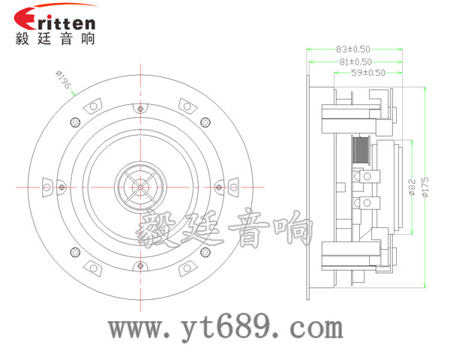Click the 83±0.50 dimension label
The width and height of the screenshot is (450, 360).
click(353, 49)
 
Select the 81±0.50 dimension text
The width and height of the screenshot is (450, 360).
click(355, 61)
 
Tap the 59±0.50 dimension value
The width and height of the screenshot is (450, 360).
click(368, 73)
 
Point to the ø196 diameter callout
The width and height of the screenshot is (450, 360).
click(63, 79)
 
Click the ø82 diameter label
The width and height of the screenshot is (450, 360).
click(412, 187)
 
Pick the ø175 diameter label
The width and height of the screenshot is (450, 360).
click(425, 187)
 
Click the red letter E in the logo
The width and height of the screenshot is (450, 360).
click(25, 18)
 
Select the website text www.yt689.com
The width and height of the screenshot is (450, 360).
click(226, 328)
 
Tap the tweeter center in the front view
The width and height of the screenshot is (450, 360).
click(140, 187)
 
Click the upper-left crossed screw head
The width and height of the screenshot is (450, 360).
click(75, 122)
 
